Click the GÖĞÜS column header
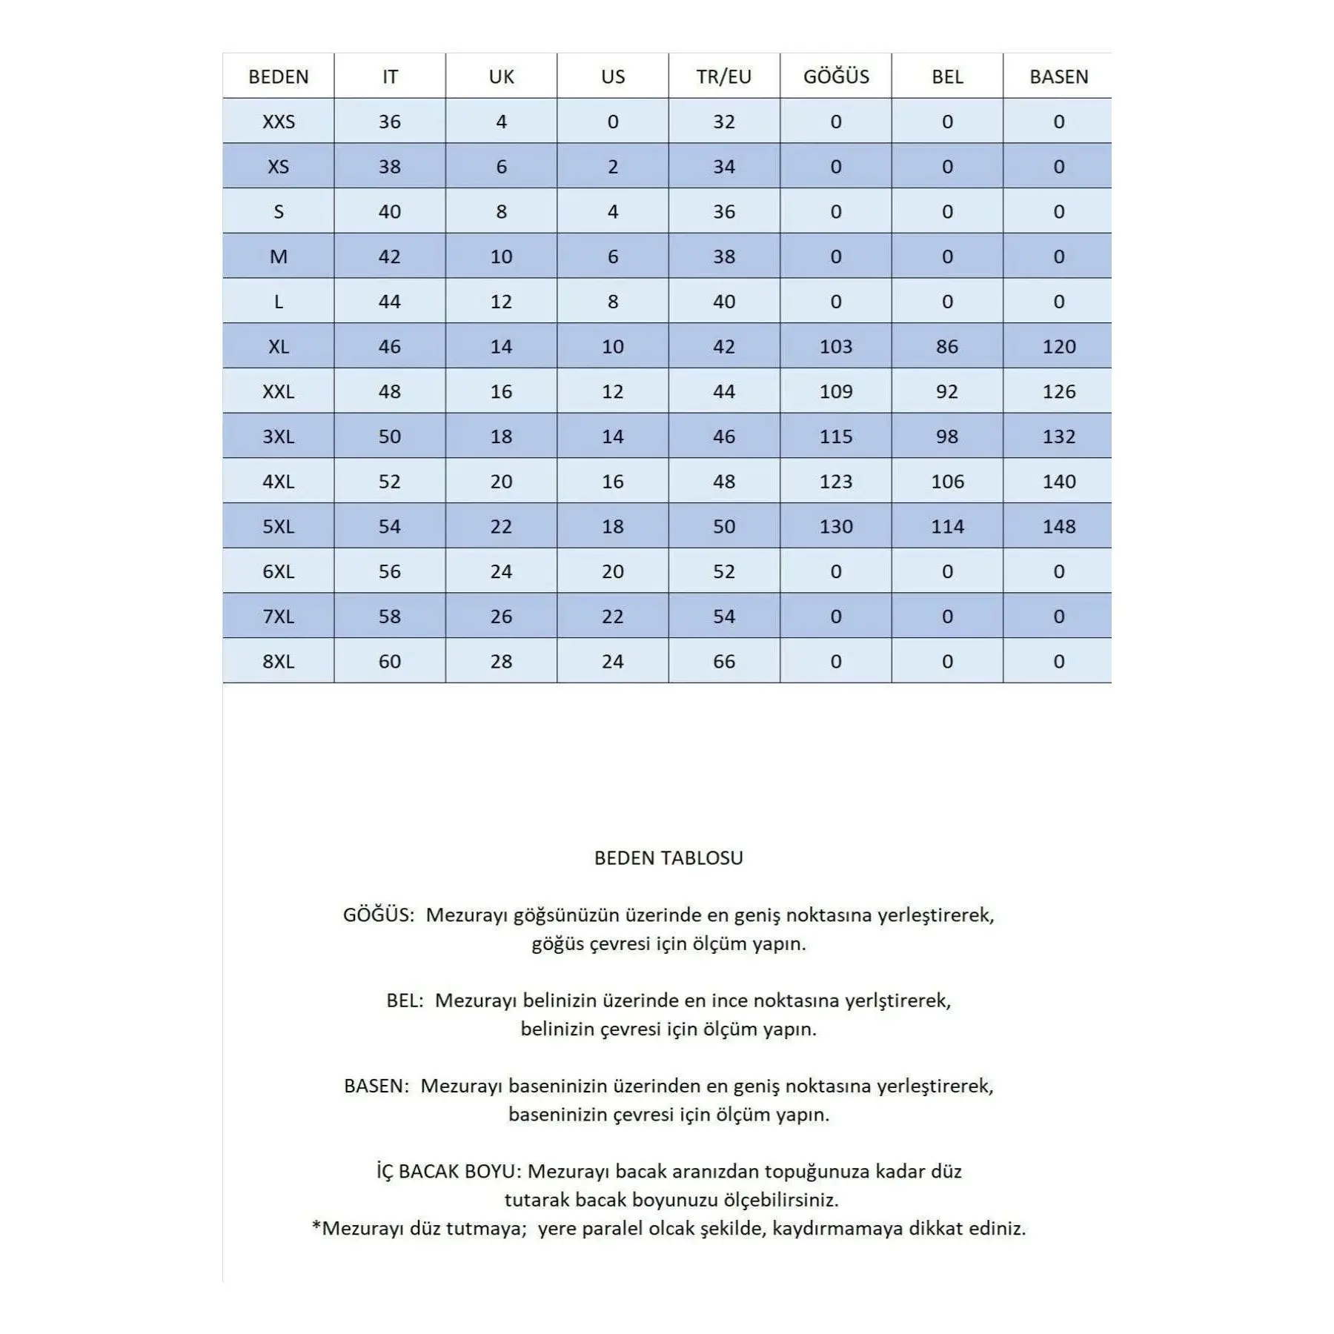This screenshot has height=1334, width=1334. (836, 76)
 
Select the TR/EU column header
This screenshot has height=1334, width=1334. (724, 76)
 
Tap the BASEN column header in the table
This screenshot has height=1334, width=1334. (1058, 76)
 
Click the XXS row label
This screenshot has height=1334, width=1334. (279, 122)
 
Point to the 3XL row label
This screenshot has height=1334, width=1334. (279, 437)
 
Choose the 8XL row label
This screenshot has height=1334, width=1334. (279, 661)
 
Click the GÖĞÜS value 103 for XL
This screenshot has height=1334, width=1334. (836, 346)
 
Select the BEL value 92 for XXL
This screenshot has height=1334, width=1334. (947, 391)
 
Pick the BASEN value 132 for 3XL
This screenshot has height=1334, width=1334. (1058, 437)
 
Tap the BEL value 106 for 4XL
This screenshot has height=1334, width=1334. (947, 482)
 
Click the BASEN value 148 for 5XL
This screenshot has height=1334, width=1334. (1058, 526)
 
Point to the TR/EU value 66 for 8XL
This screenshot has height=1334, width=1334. (724, 661)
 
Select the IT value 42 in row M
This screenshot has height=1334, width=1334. (390, 256)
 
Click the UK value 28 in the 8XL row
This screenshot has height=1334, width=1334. (501, 661)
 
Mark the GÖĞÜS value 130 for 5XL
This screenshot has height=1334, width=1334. (836, 526)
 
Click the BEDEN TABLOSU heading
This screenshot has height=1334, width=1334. (668, 857)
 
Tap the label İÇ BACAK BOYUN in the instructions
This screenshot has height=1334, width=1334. (449, 1172)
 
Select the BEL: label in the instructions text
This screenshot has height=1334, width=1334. (405, 1001)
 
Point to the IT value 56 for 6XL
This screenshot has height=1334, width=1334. (390, 571)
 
